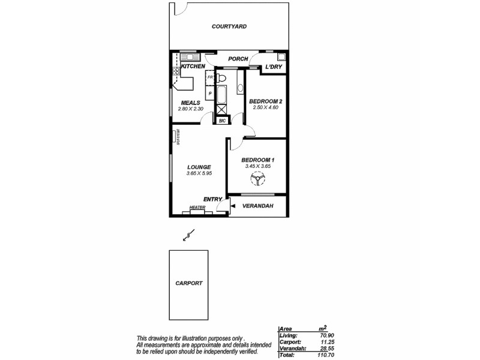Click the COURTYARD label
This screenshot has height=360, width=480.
[229, 26]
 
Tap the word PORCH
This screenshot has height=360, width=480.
[238, 59]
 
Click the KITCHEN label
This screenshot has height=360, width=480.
[193, 66]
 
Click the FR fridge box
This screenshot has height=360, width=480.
[210, 78]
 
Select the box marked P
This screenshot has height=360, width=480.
[210, 94]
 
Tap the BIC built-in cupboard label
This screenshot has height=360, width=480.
[221, 121]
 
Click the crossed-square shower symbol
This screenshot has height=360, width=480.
[221, 110]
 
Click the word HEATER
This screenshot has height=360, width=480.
[197, 208]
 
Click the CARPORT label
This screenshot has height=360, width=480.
[189, 283]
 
